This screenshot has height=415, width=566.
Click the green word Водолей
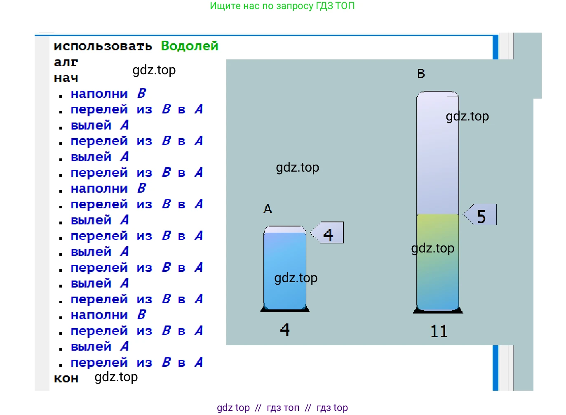point(189,46)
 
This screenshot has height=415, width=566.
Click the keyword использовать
point(103,46)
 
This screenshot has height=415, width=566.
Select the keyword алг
point(66,62)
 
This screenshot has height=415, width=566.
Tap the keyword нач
point(66,78)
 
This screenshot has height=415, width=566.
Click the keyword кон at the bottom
point(66,378)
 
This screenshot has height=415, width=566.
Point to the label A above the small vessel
point(268,209)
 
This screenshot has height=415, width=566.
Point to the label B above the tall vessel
point(421,73)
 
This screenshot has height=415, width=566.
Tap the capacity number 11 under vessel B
point(439,331)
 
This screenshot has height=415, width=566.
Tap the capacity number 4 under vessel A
point(285,329)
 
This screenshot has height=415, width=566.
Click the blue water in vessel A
point(284,264)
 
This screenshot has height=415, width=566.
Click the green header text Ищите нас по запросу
point(282,6)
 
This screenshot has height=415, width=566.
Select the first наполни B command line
point(108,94)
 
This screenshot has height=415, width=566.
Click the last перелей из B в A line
point(136,362)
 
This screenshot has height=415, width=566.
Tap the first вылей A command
point(99,125)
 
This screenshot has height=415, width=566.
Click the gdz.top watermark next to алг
point(154,70)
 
